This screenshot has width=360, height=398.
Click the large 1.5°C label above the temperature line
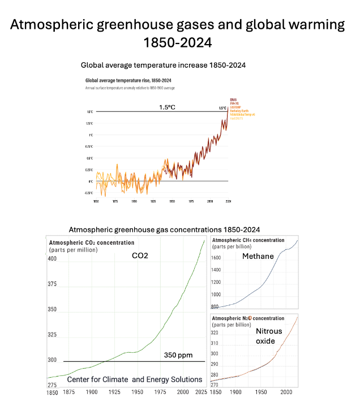pos(167,107)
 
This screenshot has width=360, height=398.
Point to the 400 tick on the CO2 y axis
pos(52,259)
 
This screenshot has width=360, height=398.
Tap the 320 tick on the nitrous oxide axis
pos(216,332)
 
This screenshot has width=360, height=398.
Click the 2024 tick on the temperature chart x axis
pos(228,201)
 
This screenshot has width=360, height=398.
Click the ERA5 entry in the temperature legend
pos(233,99)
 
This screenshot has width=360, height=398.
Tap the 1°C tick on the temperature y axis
pos(91,135)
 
